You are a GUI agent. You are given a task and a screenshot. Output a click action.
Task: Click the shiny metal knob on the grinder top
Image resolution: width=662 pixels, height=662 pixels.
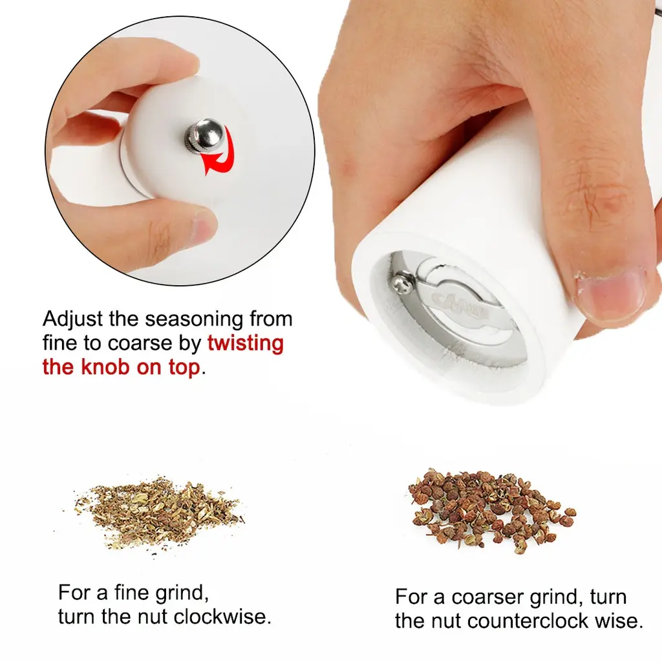click(206, 135)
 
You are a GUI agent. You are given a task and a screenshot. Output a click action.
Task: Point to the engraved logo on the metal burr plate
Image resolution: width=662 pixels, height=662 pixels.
click(460, 306)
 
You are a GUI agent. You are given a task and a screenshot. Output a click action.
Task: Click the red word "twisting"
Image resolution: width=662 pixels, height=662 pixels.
click(245, 343)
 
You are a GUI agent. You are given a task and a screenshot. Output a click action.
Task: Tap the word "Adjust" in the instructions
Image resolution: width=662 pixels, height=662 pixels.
click(72, 319)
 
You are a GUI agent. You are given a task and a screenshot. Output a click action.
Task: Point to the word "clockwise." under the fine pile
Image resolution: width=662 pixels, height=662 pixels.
click(222, 617)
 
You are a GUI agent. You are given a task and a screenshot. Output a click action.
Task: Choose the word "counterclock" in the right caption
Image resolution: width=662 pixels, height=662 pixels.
click(528, 621)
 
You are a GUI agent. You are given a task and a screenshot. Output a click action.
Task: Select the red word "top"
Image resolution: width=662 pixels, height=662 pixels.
click(184, 368)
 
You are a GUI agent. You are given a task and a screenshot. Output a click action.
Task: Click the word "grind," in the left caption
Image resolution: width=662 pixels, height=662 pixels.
click(182, 594)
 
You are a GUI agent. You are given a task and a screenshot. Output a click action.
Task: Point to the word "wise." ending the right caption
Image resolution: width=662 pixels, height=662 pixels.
click(619, 621)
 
